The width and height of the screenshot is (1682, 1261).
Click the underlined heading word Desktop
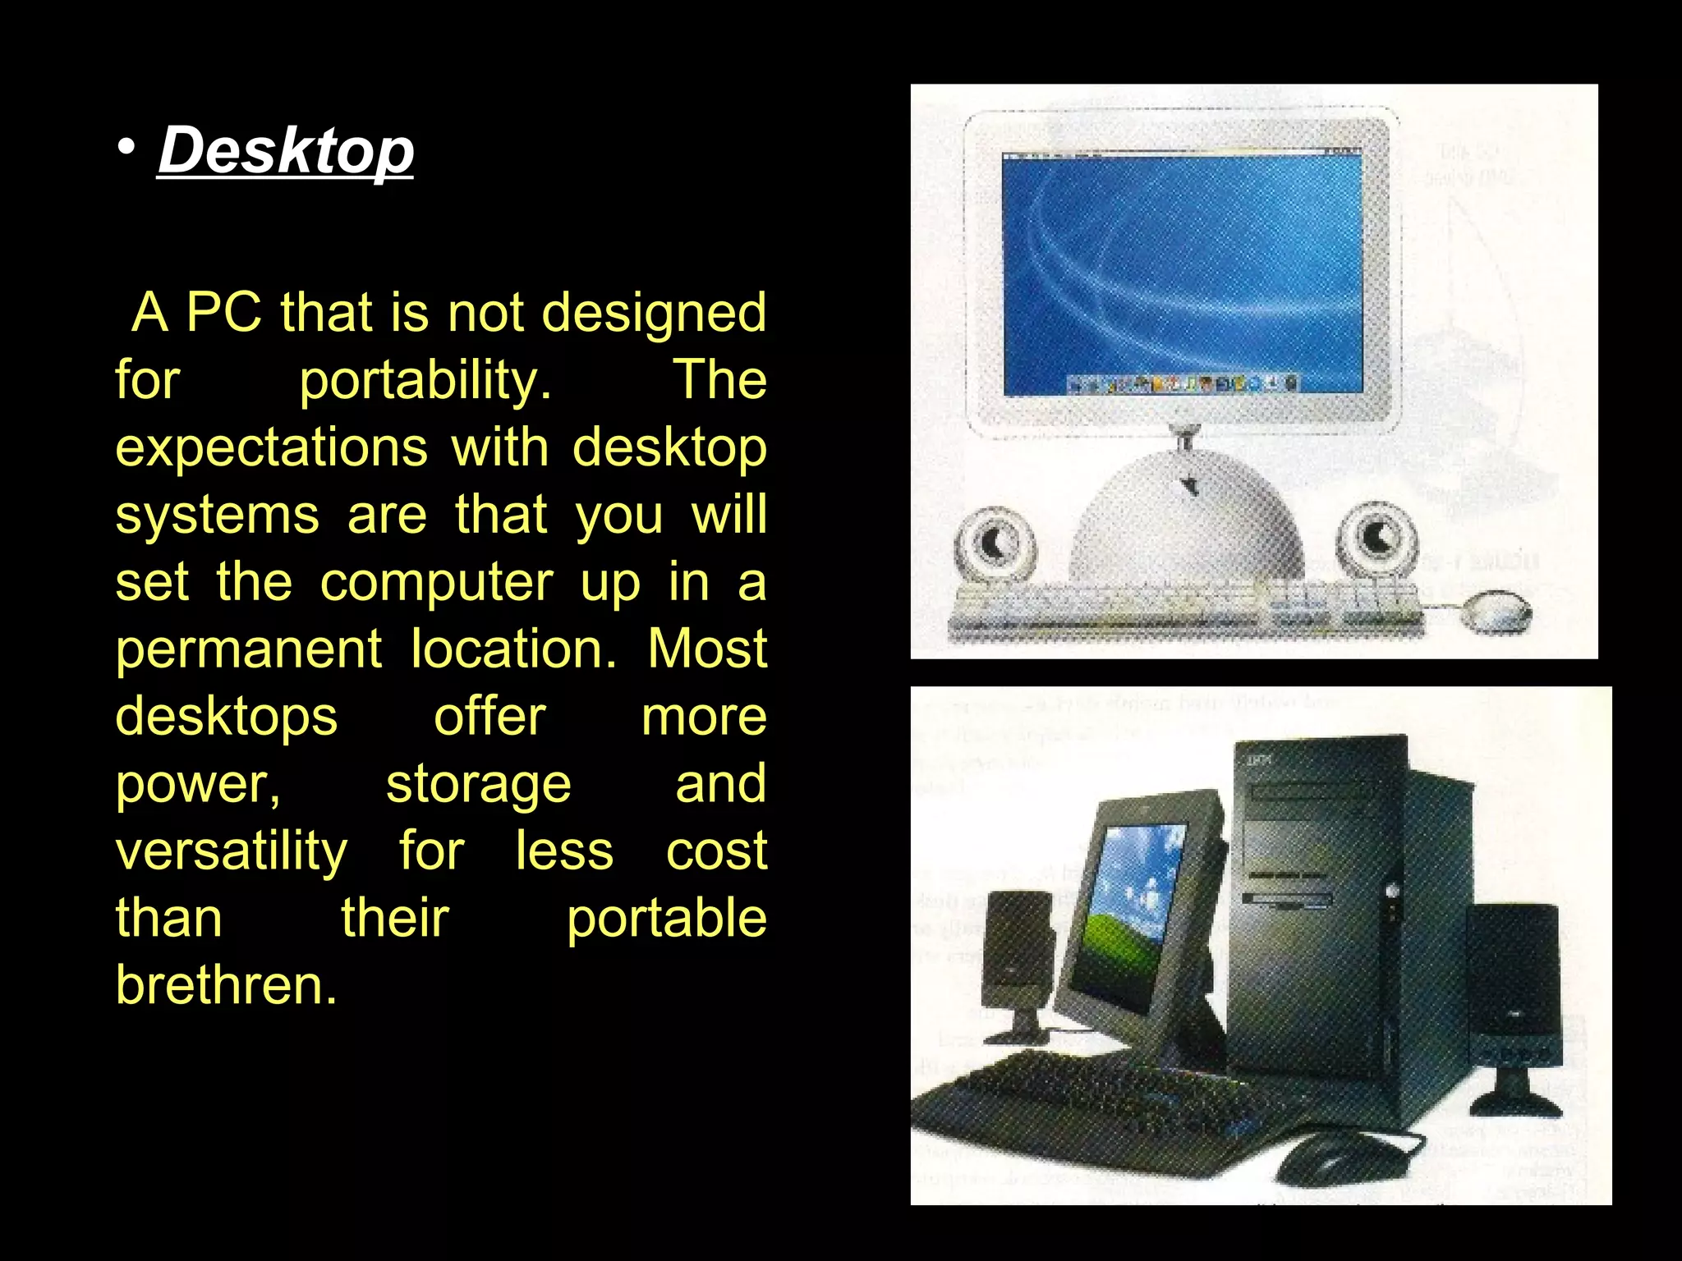285,150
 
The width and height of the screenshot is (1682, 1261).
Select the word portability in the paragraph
425,380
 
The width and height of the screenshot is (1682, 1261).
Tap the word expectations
271,447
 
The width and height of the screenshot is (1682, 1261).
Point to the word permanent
248,649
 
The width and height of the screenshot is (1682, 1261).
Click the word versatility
232,851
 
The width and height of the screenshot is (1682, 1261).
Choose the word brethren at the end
226,985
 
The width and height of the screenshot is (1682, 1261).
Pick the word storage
478,783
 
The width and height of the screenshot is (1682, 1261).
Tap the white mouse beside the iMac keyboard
1496,612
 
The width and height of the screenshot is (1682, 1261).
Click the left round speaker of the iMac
995,543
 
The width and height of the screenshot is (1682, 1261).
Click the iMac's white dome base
1187,525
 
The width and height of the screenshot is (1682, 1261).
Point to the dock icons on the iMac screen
1183,383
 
